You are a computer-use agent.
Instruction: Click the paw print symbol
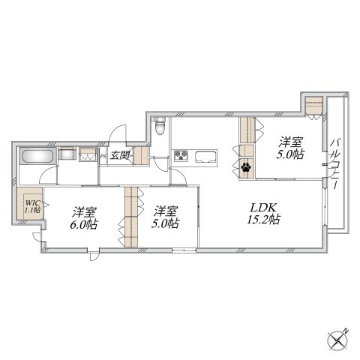click(x=246, y=167)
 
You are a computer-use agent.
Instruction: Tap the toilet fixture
click(x=160, y=126)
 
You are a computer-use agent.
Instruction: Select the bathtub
click(x=38, y=156)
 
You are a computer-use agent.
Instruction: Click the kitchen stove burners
click(x=181, y=155)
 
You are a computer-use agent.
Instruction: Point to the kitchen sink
click(x=205, y=157)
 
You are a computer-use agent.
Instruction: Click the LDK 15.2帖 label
click(x=263, y=214)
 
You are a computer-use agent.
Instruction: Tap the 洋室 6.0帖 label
click(x=84, y=218)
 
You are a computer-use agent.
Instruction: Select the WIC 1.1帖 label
click(x=32, y=206)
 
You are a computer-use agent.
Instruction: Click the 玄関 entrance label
click(x=119, y=155)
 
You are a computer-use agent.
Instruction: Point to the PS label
click(x=103, y=157)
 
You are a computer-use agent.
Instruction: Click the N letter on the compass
click(x=346, y=331)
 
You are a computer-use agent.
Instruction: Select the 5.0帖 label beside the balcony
click(x=290, y=154)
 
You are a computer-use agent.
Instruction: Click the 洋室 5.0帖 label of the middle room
click(x=165, y=217)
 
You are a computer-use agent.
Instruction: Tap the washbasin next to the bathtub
click(x=67, y=153)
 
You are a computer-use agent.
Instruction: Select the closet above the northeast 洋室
click(x=313, y=106)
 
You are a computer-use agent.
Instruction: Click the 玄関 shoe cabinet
click(x=141, y=156)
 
